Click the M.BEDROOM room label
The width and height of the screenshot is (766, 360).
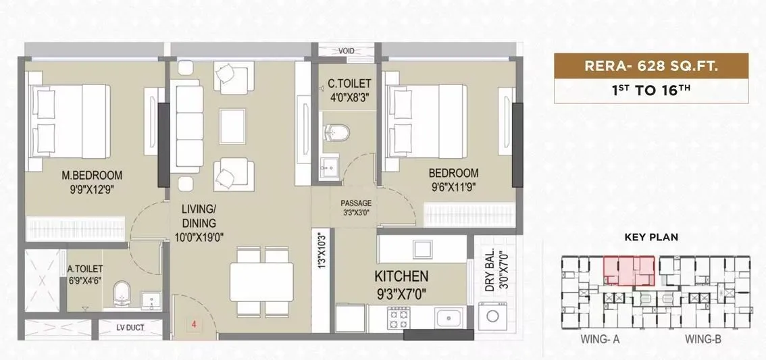click(92, 176)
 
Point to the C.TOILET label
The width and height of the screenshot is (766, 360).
click(349, 84)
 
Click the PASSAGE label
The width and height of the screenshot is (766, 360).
click(356, 203)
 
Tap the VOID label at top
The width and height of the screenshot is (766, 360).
click(347, 50)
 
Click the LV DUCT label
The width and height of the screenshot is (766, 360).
click(130, 329)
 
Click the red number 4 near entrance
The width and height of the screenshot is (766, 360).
click(194, 325)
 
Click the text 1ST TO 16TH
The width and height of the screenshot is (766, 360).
click(651, 91)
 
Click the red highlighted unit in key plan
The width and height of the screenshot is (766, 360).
click(629, 271)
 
